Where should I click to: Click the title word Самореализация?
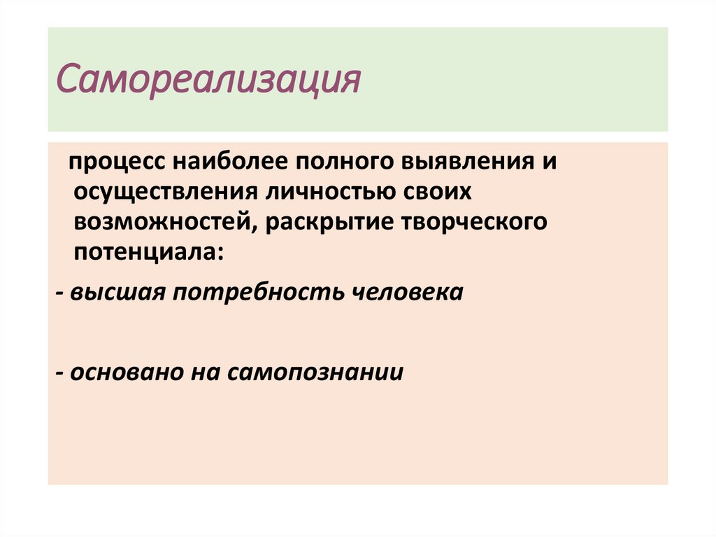pyautogui.click(x=208, y=81)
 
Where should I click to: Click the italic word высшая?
pyautogui.click(x=115, y=292)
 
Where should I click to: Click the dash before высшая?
pyautogui.click(x=61, y=293)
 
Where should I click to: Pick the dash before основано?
pyautogui.click(x=61, y=372)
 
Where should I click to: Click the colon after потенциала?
pyautogui.click(x=222, y=253)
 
